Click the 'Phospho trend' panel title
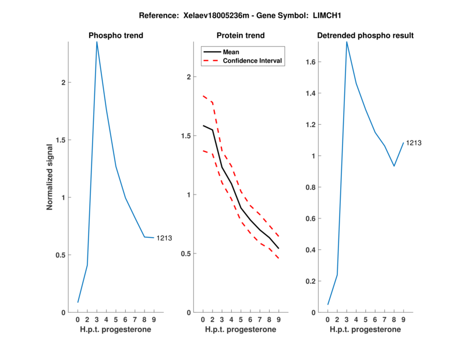(116, 36)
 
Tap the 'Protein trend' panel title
(241, 36)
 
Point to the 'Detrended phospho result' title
(365, 36)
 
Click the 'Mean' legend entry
(231, 52)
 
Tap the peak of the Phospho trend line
(97, 42)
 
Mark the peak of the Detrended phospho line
(347, 42)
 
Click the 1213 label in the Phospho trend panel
(164, 238)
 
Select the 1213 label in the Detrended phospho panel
(414, 143)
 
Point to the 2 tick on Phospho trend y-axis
(63, 83)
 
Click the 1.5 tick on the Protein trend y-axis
(188, 136)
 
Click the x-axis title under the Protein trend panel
(241, 330)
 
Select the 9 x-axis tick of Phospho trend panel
(154, 319)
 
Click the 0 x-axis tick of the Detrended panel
(327, 319)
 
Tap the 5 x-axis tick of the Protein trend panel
(241, 319)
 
